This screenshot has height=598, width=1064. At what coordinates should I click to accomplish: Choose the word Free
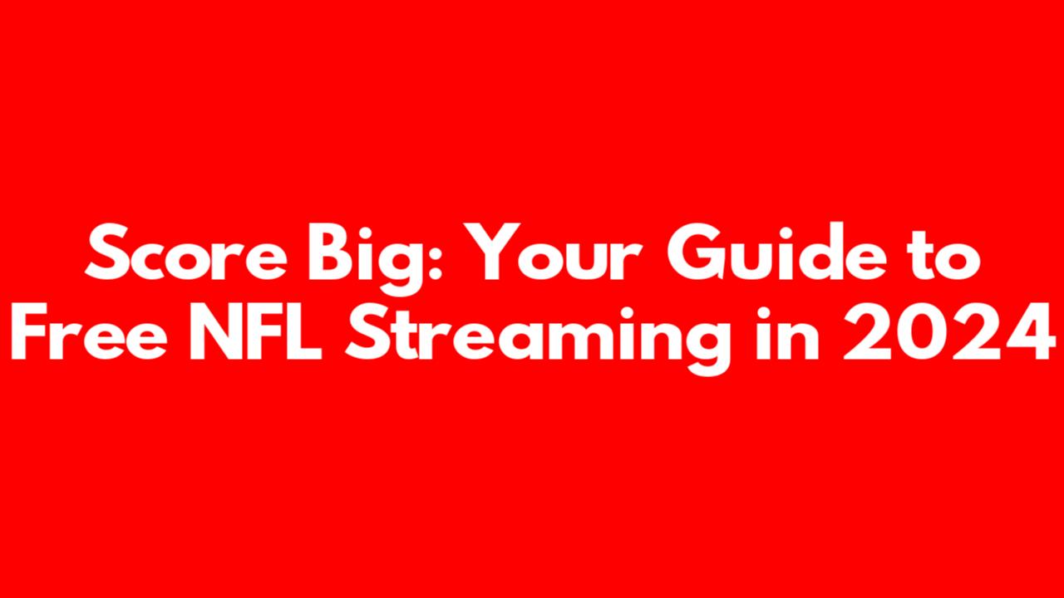[x=89, y=331]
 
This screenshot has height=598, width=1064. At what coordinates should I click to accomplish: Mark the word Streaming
[x=538, y=340]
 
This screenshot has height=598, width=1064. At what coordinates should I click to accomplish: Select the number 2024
[x=949, y=331]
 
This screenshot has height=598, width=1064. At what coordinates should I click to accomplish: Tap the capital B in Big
[x=332, y=252]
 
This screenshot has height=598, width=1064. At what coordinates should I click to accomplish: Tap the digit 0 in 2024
[x=922, y=331]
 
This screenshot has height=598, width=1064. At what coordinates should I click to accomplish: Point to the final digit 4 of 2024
[x=1030, y=331]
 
